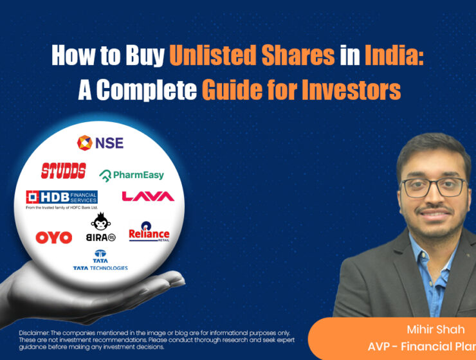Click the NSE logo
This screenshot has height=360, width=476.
(x=100, y=142)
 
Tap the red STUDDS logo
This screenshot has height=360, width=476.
(x=63, y=170)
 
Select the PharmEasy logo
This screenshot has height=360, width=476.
(x=132, y=174)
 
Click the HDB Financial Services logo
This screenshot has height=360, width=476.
(x=61, y=199)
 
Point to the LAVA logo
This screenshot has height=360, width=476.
(x=148, y=196)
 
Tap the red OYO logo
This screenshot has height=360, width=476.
(x=53, y=237)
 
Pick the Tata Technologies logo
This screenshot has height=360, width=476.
(x=100, y=260)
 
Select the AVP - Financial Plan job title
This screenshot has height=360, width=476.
(x=421, y=346)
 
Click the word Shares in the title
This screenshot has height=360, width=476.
(x=298, y=57)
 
